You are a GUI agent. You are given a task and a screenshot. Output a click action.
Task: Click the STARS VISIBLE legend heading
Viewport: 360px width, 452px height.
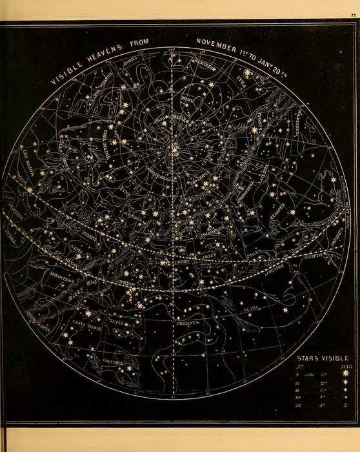click(x=322, y=358)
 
